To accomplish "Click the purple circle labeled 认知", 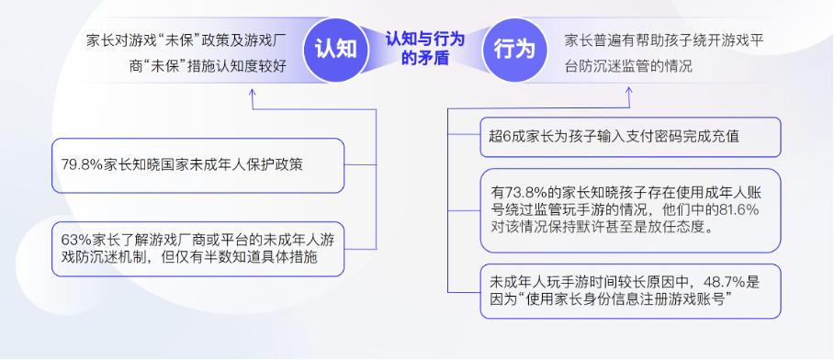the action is [335, 50].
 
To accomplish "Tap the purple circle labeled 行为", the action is [514, 50].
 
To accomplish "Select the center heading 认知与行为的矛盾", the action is [425, 49].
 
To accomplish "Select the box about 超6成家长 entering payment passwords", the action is [630, 137].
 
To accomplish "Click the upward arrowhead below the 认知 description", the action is [253, 93].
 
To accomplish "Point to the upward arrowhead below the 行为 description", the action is [629, 92].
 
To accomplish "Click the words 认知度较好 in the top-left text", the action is [254, 67].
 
